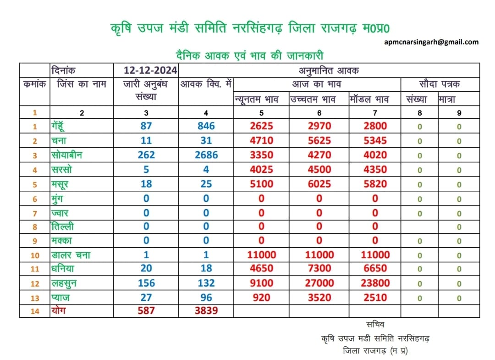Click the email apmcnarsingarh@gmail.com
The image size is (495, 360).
point(431,42)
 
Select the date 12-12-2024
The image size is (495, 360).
point(150,70)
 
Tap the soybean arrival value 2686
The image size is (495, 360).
point(206,155)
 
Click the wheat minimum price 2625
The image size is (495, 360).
point(261,126)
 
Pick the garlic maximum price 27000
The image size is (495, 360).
point(319,283)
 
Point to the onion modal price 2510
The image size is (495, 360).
point(375,298)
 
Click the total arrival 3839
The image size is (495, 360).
point(206,310)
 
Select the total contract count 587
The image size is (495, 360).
point(146,310)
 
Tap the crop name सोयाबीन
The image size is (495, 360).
point(66,155)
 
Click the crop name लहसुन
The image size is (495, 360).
point(64,283)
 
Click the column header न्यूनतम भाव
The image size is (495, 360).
point(256,100)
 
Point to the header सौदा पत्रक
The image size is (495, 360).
point(440,84)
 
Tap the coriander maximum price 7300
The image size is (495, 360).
point(319,268)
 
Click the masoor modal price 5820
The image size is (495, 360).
point(375,184)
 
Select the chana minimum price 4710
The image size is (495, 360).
point(261,140)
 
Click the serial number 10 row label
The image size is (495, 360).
point(35,255)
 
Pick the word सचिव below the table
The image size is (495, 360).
point(375,324)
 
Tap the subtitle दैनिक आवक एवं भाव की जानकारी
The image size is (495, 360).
point(249,56)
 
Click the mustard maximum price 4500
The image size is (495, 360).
point(319,170)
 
